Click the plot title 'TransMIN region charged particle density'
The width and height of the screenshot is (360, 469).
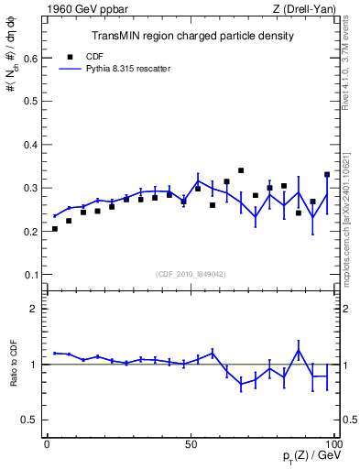pos(191,36)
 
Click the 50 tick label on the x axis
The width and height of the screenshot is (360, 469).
pos(191,443)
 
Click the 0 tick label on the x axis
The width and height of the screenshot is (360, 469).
pos(48,443)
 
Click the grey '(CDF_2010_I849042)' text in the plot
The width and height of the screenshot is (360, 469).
pos(191,273)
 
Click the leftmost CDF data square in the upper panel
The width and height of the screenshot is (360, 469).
pos(55,229)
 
